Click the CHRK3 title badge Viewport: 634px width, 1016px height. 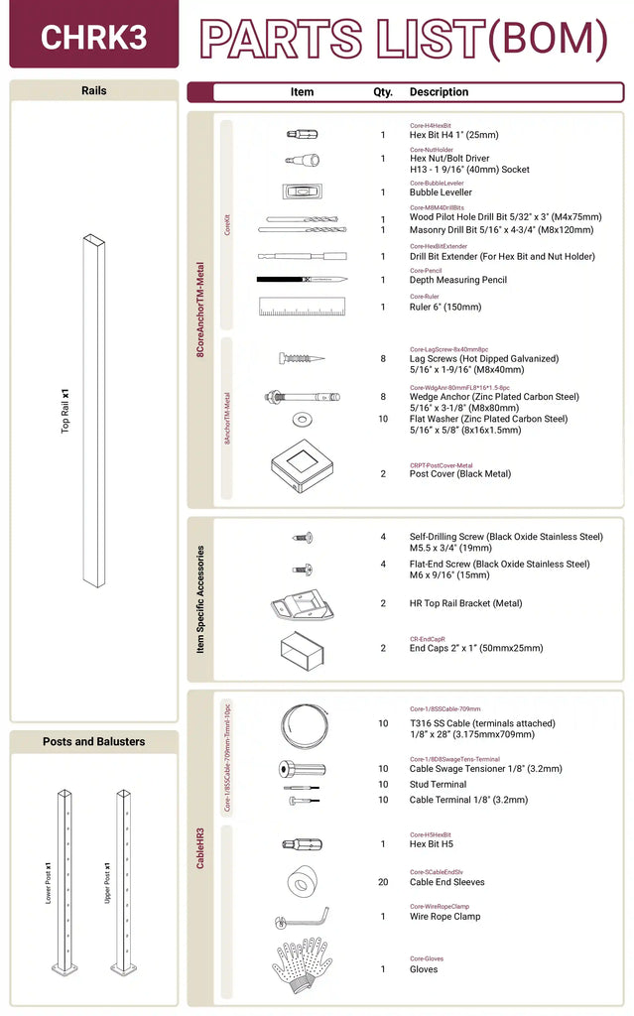93,37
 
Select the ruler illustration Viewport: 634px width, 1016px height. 302,307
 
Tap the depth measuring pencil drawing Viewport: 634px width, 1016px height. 302,279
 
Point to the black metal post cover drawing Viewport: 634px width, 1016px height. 302,466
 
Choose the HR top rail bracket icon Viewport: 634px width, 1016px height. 302,603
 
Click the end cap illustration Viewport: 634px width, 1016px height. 302,647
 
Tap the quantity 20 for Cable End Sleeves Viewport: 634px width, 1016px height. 383,882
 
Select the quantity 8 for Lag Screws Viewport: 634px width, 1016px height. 383,359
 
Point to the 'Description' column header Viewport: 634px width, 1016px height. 439,92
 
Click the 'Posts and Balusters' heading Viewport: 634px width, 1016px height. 93,741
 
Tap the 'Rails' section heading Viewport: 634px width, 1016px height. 93,90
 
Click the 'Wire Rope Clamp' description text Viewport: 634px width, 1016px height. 444,917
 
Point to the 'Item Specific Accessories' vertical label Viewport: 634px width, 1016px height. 200,599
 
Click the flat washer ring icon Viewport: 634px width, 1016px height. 302,419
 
